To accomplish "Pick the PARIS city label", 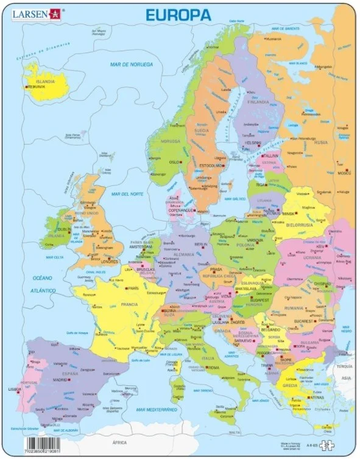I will pyautogui.click(x=134, y=288).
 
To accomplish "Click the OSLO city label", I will pyautogui.click(x=174, y=162).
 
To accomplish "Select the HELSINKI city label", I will pyautogui.click(x=253, y=142).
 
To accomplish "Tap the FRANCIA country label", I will pyautogui.click(x=129, y=304).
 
